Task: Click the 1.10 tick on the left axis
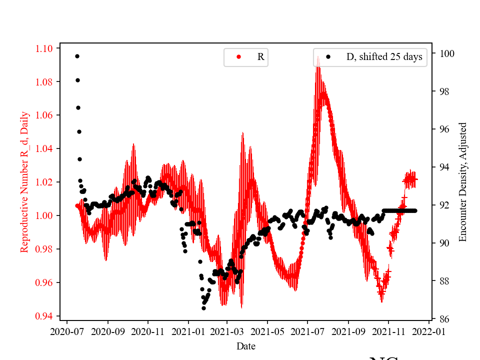point(43,48)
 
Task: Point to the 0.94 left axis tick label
point(43,316)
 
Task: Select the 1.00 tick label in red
point(43,215)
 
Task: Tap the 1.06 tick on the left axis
point(43,115)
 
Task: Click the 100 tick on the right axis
point(442,53)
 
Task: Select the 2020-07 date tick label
point(67,331)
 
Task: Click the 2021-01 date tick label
point(188,331)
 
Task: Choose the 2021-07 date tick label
point(307,331)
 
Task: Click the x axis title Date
point(245,345)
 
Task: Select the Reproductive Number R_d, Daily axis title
point(24,182)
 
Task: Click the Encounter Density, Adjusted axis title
point(462,182)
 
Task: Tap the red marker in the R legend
point(238,57)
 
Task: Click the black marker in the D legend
point(328,57)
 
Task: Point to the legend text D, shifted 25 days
point(384,57)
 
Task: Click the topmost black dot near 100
point(77,56)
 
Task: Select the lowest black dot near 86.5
point(203,308)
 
